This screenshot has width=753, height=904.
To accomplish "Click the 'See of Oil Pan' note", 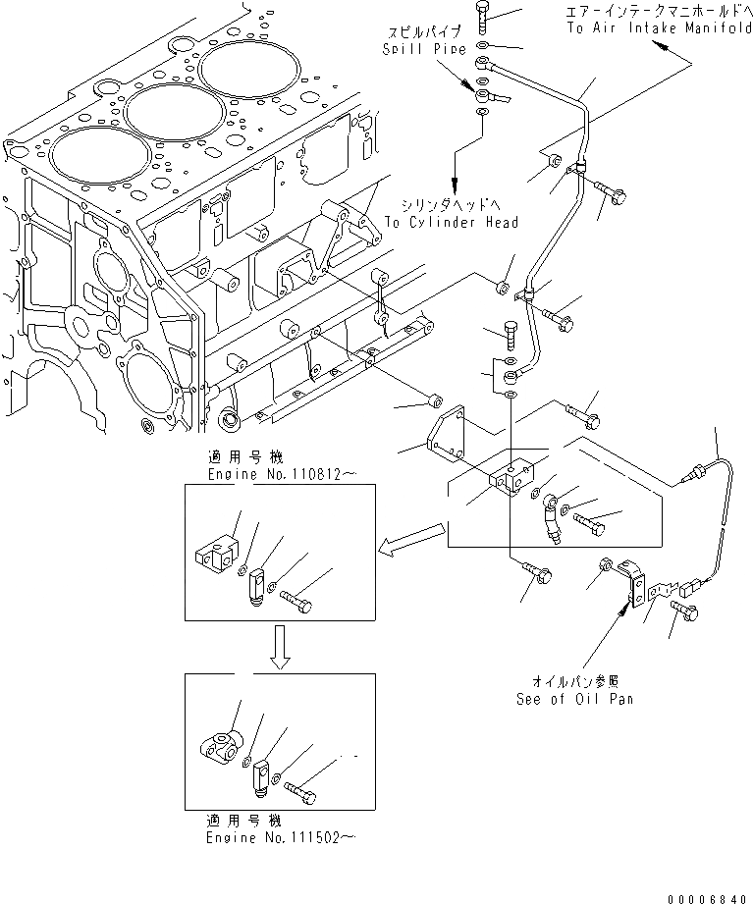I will tap(573, 699).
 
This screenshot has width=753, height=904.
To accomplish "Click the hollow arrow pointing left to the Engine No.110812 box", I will tap(411, 540).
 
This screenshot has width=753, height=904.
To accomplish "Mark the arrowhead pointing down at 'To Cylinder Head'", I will tap(454, 186).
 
